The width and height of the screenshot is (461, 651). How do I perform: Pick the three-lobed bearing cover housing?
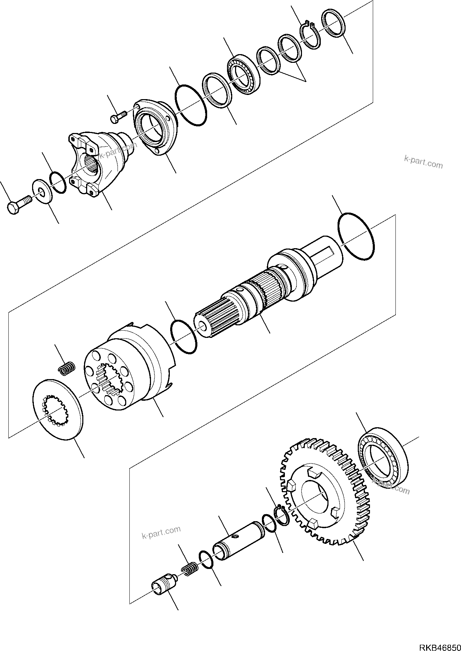pyautogui.click(x=155, y=127)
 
